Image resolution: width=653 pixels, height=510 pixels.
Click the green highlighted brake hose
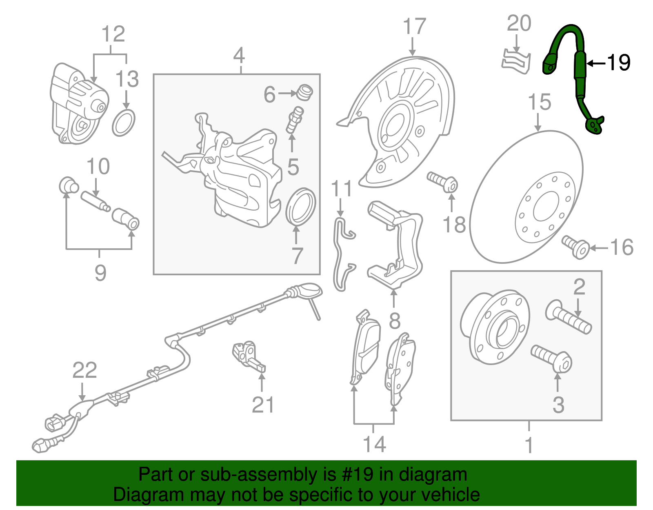[580, 65]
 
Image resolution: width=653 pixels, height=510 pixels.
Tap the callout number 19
[619, 62]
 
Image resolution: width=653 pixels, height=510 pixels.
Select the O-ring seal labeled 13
[123, 123]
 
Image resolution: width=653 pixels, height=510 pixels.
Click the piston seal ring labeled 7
[301, 207]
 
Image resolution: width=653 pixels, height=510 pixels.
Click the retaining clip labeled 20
[515, 62]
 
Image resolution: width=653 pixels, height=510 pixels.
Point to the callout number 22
[84, 370]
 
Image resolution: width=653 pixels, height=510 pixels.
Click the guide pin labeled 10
[95, 201]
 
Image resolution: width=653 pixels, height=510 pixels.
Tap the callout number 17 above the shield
[414, 26]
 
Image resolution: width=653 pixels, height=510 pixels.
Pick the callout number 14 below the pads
[374, 444]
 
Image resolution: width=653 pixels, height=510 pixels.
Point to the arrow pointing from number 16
[598, 247]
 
